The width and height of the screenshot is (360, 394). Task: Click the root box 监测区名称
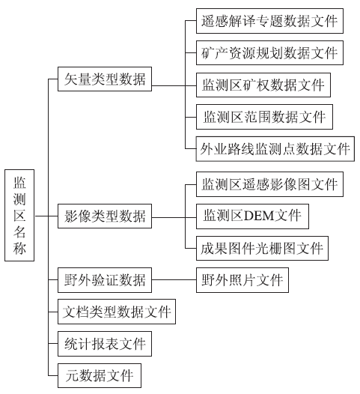[19, 215]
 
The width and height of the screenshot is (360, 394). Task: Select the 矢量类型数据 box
[105, 79]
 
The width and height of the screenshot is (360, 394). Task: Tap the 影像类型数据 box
[105, 216]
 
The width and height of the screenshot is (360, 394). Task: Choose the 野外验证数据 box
[105, 280]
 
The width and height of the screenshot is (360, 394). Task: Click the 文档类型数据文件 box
[117, 312]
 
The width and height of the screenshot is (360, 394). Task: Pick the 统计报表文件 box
[105, 344]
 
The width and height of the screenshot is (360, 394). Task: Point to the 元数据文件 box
[100, 376]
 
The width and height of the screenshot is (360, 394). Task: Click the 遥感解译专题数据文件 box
[269, 21]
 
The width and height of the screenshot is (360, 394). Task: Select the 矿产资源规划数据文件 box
[269, 52]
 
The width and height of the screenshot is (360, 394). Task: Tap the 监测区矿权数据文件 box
[263, 85]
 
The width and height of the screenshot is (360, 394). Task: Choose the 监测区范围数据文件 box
[264, 117]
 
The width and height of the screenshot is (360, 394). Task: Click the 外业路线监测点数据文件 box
[275, 149]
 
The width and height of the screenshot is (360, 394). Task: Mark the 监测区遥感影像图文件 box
[269, 184]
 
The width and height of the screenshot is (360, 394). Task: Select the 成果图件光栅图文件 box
[262, 248]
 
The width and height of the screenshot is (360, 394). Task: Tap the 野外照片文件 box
[242, 280]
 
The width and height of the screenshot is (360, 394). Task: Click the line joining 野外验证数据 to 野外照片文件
[174, 279]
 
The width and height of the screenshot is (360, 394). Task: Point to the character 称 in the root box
[19, 248]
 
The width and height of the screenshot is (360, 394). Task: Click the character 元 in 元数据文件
[73, 376]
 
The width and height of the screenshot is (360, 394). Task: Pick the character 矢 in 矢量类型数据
[71, 79]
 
